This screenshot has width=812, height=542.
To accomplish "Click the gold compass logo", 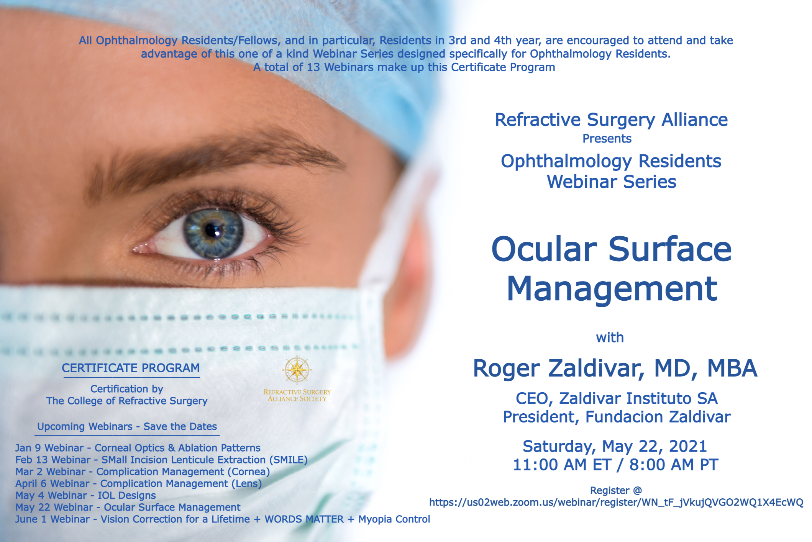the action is point(297,370).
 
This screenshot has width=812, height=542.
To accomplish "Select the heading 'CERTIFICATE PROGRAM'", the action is point(131,368).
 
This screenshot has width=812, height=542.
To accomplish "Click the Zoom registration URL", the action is point(616,503).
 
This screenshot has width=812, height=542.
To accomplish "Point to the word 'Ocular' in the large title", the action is point(544,249).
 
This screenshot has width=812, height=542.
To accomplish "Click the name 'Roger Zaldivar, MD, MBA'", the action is point(615,368).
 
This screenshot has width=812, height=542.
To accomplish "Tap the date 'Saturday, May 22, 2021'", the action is point(615,446).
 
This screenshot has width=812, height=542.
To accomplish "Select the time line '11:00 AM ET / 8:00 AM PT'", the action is point(615,465).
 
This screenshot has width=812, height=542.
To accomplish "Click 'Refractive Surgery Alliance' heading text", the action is point(611,120).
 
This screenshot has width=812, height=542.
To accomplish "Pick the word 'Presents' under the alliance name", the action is point(607,139).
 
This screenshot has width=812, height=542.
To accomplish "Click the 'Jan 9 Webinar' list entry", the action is point(138,448).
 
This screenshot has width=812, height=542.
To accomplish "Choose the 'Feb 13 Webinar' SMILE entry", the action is point(161,460).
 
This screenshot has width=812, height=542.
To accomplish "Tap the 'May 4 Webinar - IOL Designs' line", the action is point(85,495).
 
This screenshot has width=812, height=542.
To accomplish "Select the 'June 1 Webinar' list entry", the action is point(223,519).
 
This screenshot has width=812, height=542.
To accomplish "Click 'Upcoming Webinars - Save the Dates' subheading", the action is point(127,426).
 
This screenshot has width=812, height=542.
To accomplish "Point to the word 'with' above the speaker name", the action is point(610,337).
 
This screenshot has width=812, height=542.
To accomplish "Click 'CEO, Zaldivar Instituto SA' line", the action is point(617,398).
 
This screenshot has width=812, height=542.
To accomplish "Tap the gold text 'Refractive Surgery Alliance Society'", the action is point(297,395).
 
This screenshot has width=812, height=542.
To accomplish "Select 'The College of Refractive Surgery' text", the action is point(127,401).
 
